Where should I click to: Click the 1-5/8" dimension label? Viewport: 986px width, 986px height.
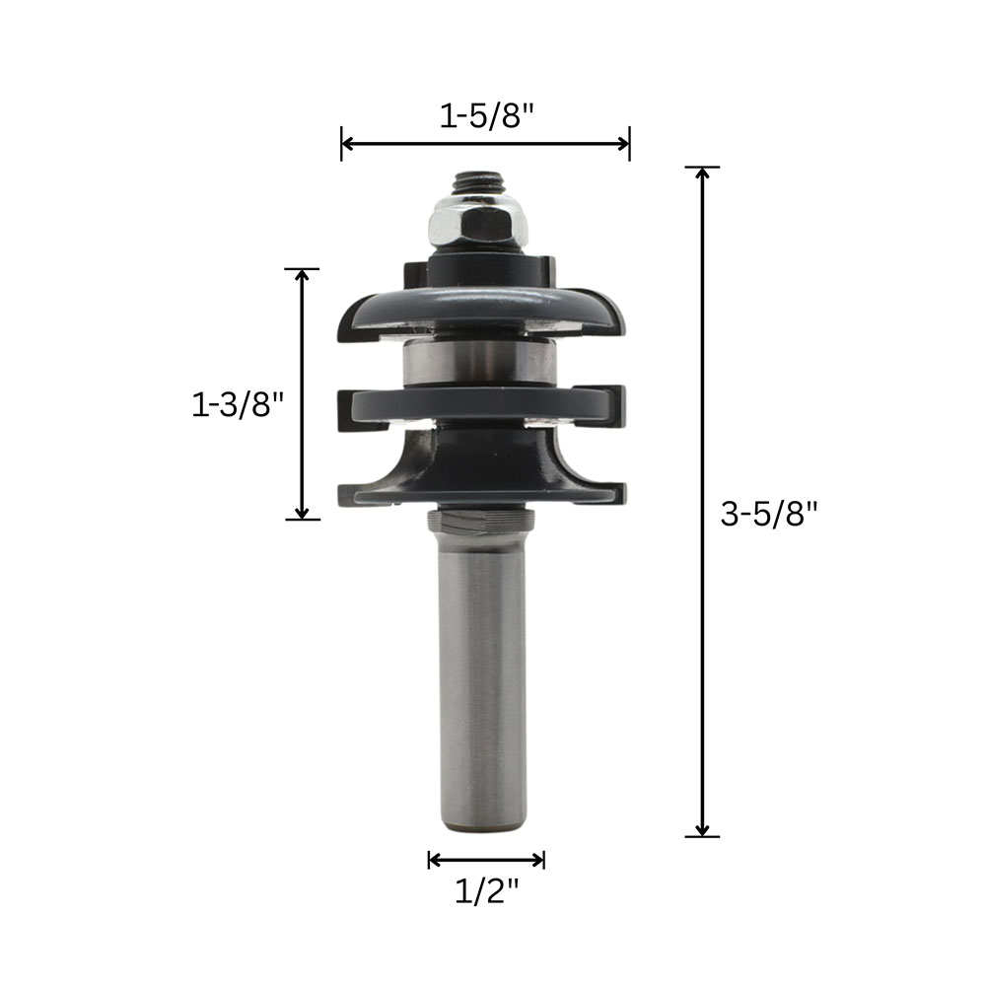pyautogui.click(x=486, y=115)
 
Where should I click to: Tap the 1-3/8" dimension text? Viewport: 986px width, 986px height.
pyautogui.click(x=239, y=403)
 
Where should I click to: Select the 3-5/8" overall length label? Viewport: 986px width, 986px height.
pyautogui.click(x=769, y=514)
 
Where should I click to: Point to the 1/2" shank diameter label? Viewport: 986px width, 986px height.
pyautogui.click(x=487, y=890)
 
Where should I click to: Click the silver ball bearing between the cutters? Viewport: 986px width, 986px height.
pyautogui.click(x=479, y=362)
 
